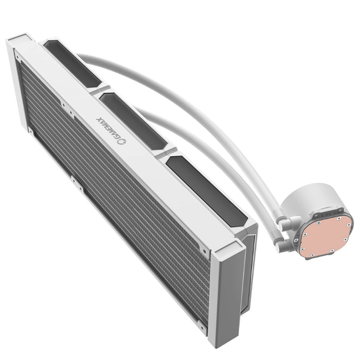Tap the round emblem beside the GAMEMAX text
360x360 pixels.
120,141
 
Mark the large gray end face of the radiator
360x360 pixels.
228,298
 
